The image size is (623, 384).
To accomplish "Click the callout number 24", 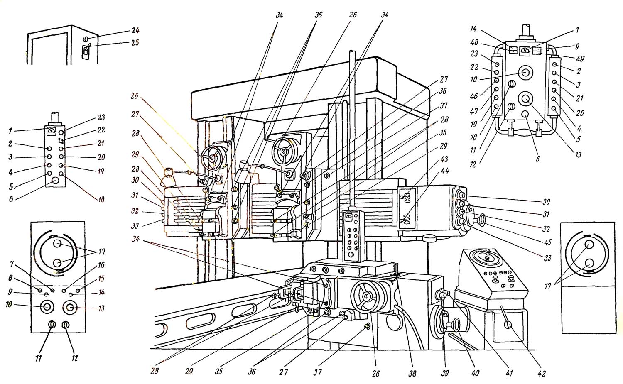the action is pyautogui.click(x=136, y=31).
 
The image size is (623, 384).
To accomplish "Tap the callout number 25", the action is pyautogui.click(x=135, y=43).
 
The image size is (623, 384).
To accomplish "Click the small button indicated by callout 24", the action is pyautogui.click(x=86, y=39).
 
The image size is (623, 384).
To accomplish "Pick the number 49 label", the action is pyautogui.click(x=580, y=59).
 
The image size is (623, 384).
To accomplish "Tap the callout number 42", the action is pyautogui.click(x=541, y=374).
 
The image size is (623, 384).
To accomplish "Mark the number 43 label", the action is pyautogui.click(x=444, y=159).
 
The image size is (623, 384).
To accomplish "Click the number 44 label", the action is pyautogui.click(x=445, y=171).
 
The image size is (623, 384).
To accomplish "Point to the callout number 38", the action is pyautogui.click(x=412, y=374).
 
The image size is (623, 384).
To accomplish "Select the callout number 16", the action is pyautogui.click(x=101, y=265).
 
